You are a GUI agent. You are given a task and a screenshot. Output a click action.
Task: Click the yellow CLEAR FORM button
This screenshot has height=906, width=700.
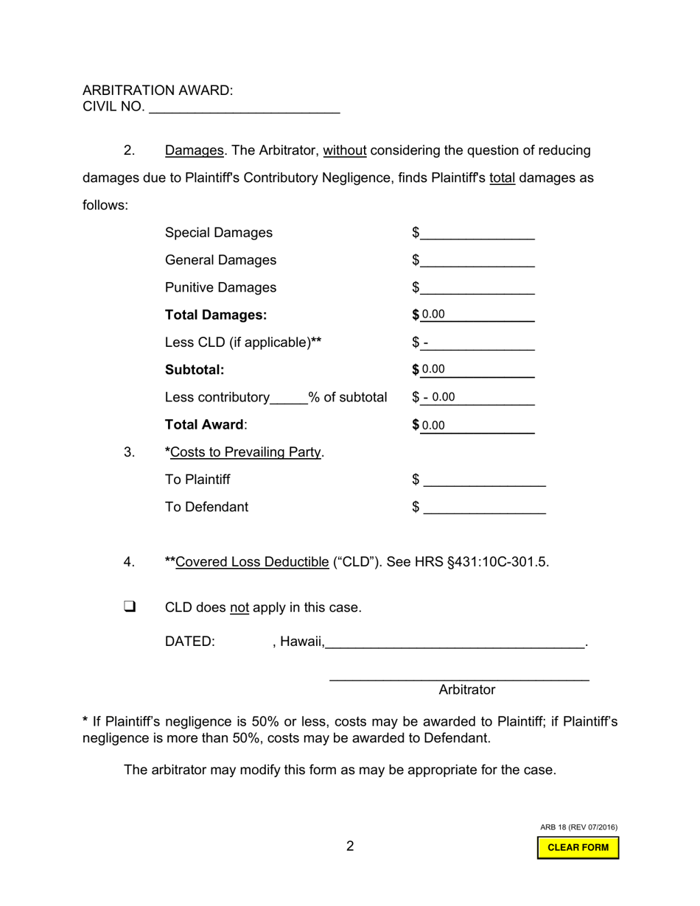click(x=578, y=848)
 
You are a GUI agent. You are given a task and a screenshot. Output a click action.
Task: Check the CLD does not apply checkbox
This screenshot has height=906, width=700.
click(x=130, y=607)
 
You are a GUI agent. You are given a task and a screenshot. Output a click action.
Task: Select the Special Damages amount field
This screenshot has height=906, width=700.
click(x=477, y=233)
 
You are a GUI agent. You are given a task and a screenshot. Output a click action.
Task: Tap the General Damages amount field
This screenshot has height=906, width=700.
click(x=477, y=261)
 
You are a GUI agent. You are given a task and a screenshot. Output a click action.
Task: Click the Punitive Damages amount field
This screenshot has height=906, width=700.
click(x=477, y=288)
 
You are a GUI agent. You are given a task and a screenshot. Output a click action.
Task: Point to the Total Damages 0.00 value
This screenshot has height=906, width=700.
click(x=434, y=315)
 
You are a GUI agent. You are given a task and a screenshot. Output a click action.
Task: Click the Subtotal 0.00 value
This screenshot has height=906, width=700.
click(x=434, y=370)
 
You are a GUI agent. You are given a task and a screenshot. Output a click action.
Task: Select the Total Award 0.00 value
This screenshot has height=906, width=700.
click(x=434, y=426)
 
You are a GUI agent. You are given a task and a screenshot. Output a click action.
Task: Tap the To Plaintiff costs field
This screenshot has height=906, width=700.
click(x=485, y=480)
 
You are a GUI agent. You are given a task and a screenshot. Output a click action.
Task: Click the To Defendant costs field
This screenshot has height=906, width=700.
click(x=485, y=508)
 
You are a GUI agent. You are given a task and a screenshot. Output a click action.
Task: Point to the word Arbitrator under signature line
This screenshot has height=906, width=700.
click(x=466, y=690)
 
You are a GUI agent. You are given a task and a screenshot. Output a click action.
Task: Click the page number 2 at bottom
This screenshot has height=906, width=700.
click(x=350, y=846)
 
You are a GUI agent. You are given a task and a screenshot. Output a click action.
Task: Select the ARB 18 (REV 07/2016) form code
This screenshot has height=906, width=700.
click(x=578, y=827)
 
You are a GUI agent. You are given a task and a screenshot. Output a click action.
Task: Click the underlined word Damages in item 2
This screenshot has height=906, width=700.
click(x=194, y=151)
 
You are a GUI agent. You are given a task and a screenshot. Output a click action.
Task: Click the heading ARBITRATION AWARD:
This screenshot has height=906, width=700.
click(x=158, y=91)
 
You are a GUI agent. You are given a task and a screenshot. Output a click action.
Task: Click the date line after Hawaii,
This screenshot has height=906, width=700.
click(x=455, y=642)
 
